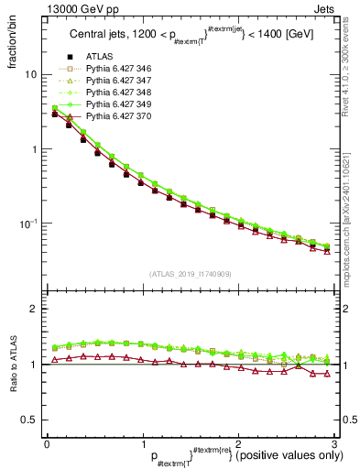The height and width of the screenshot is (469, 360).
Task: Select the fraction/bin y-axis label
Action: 13,47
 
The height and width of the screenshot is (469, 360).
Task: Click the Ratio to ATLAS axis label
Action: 13,365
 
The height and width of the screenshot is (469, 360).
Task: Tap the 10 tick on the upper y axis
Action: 29,74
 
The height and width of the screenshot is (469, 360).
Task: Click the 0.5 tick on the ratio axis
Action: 27,420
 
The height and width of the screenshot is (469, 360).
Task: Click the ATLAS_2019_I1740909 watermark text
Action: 190,274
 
